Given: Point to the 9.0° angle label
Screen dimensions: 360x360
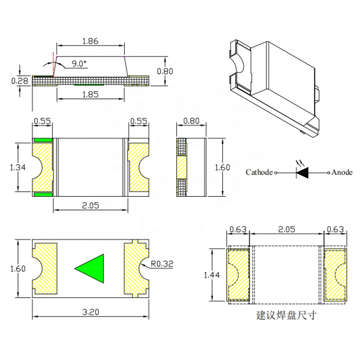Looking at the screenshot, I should pos(79,64).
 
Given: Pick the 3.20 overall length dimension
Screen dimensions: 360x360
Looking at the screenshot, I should pos(90,312).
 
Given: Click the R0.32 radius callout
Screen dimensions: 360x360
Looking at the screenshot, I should pos(162,264).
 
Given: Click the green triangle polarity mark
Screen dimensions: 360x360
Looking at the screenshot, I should pos(92,268).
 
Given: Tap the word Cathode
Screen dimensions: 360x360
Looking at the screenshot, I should pos(259,172).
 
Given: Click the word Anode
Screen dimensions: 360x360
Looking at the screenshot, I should pos(342,172).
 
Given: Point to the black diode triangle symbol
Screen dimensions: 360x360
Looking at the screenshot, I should pos(302,173).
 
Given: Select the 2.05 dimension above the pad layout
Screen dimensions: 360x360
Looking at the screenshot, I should pos(287,229).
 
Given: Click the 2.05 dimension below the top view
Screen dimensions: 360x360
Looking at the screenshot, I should pos(90,206).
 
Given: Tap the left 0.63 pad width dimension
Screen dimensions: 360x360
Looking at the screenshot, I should pos(238,229).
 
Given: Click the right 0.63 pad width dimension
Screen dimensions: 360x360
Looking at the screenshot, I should pos(335,229).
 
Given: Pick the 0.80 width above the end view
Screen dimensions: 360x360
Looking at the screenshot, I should pos(191,121).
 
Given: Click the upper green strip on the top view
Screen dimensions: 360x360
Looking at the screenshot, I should pos(43,140).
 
